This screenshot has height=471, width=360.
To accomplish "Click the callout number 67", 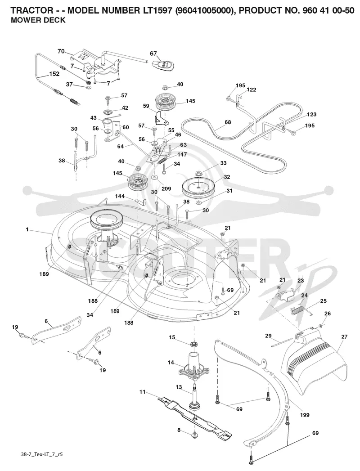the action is coord(153,54).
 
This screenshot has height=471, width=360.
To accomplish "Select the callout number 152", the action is coord(54,74).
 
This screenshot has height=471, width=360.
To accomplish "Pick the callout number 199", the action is coord(304,415).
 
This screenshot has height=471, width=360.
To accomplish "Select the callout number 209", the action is coord(166,188).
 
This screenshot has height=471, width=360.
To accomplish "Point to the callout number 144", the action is coord(120,196).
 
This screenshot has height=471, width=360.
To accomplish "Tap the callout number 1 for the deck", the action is coord(27,229).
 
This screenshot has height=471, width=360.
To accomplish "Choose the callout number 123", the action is coord(311,114).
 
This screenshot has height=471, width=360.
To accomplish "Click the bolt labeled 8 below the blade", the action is coord(194,434).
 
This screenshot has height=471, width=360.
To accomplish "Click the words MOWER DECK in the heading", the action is coord(38,20).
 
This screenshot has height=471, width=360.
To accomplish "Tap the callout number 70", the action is coord(61,51).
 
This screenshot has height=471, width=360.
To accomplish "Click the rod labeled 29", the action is coord(281,343).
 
